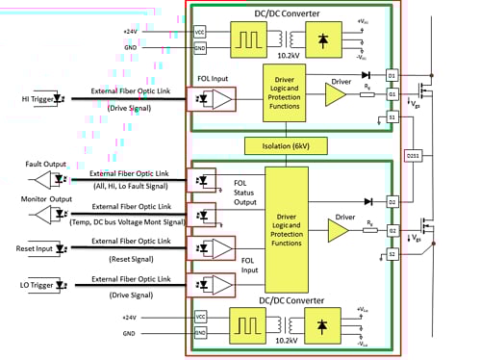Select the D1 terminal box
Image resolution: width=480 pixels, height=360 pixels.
392,74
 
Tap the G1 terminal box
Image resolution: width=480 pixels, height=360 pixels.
392,94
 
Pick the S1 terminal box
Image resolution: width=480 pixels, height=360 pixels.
392,116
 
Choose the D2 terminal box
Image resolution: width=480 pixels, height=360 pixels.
392,201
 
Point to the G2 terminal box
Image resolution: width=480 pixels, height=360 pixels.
392,231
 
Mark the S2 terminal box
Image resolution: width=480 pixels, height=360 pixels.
392,253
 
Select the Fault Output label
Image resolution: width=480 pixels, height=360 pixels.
26,165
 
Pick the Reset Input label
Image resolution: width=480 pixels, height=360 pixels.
26,244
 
